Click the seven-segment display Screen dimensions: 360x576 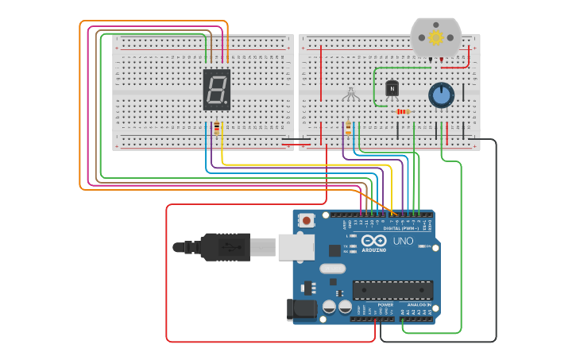click(217, 89)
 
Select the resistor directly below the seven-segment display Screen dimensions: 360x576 click(217, 128)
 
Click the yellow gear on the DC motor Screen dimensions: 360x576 click(435, 37)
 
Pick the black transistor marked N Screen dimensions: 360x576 click(391, 88)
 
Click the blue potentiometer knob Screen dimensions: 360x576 click(440, 95)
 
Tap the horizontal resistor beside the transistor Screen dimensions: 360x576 click(403, 111)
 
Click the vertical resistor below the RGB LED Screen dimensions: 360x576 click(348, 127)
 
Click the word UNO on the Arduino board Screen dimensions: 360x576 click(403, 241)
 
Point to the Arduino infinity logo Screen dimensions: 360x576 click(373, 241)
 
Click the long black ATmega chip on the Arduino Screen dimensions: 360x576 click(393, 290)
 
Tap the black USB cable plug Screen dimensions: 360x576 click(226, 247)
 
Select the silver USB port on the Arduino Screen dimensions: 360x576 click(295, 246)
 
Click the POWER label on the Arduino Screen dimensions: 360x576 click(385, 304)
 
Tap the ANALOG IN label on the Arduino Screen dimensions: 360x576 click(419, 304)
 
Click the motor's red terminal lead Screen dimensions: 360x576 click(442, 60)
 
